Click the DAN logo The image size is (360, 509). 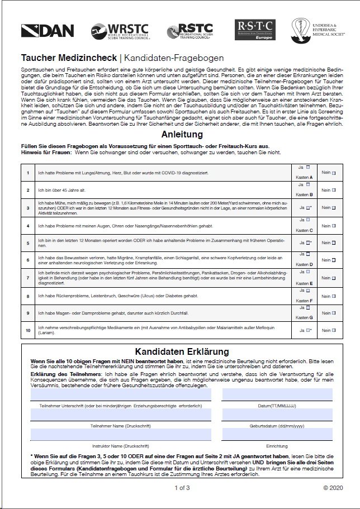46,30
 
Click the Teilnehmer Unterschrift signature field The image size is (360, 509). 121,395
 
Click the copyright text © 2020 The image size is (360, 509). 332,488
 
